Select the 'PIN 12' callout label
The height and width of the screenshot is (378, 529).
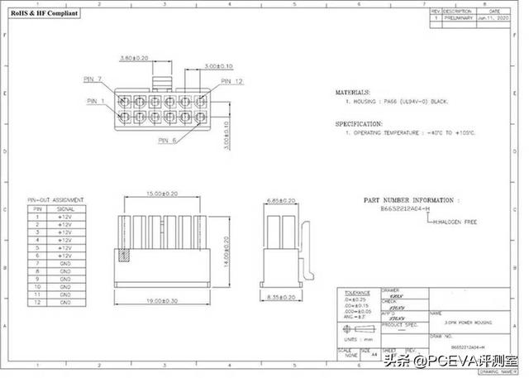232,81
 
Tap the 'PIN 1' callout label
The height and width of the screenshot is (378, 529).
97,101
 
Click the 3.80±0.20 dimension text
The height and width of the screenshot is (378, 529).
134,59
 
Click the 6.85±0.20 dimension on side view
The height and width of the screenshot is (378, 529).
284,201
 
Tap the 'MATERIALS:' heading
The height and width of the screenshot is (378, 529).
352,92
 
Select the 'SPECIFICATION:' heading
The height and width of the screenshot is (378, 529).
357,122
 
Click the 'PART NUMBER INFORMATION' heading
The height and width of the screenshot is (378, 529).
409,200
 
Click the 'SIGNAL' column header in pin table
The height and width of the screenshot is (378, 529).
65,210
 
